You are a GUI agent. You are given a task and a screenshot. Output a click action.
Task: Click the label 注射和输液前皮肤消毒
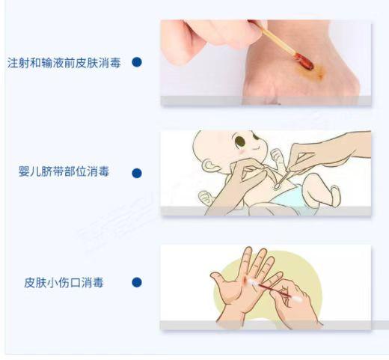tap(65, 61)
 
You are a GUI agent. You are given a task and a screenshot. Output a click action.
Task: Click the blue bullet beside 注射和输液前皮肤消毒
tap(137, 61)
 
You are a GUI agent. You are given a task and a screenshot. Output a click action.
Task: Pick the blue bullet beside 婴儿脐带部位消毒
tap(137, 172)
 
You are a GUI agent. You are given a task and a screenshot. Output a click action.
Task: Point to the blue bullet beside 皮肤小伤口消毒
tap(137, 282)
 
